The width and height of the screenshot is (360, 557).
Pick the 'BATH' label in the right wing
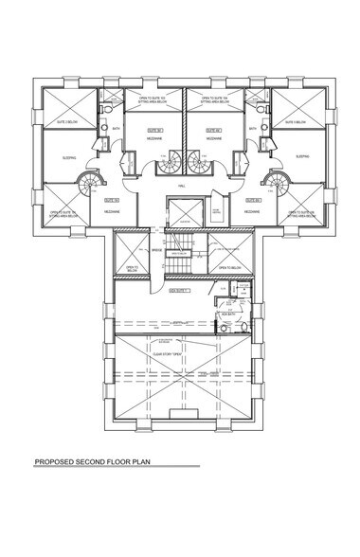tap(252, 130)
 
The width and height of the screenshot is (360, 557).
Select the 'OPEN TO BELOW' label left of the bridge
tap(132, 268)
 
